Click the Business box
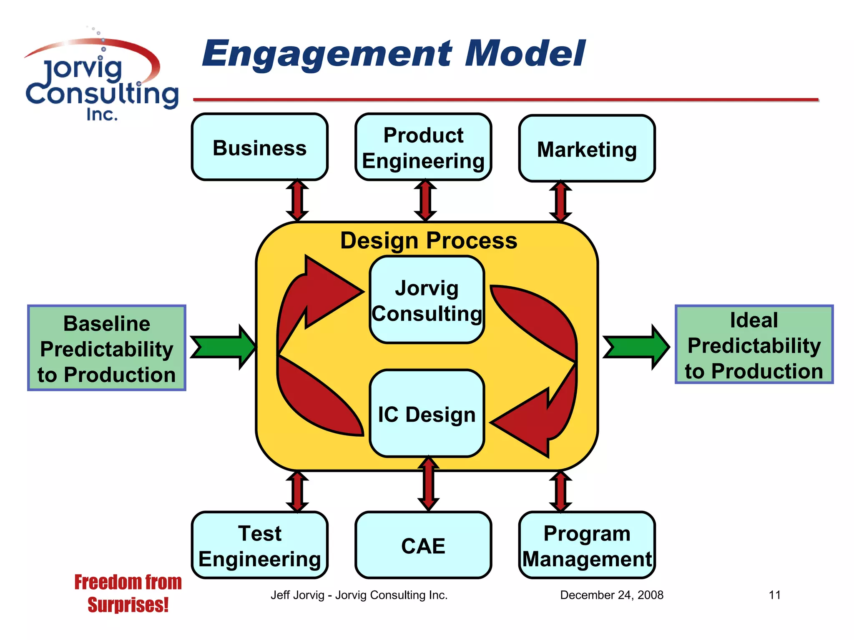pyautogui.click(x=259, y=147)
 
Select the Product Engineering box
pyautogui.click(x=423, y=147)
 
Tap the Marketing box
pyautogui.click(x=587, y=148)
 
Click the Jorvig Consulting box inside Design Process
pyautogui.click(x=427, y=300)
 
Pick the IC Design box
pyautogui.click(x=427, y=414)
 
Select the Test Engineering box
pyautogui.click(x=259, y=545)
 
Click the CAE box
pyautogui.click(x=423, y=545)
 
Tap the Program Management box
pyautogui.click(x=587, y=545)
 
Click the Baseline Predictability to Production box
pyautogui.click(x=107, y=348)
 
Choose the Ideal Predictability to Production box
pyautogui.click(x=754, y=345)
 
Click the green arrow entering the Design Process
pyautogui.click(x=223, y=347)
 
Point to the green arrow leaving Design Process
pyautogui.click(x=636, y=347)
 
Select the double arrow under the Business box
pyautogui.click(x=297, y=200)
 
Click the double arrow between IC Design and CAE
pyautogui.click(x=428, y=483)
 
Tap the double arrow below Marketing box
pyautogui.click(x=560, y=201)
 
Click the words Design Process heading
pyautogui.click(x=428, y=240)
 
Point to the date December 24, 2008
pyautogui.click(x=611, y=595)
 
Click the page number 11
pyautogui.click(x=774, y=595)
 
